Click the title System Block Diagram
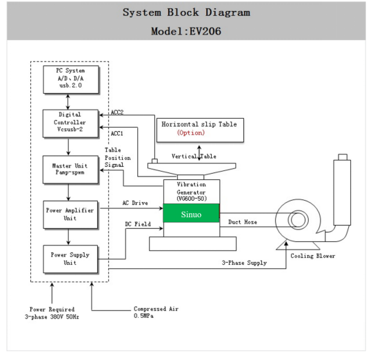tap(186, 12)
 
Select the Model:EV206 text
tap(186, 32)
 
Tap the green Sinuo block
tap(192, 214)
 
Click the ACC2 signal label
tap(118, 112)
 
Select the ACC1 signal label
tap(118, 133)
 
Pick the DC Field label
tap(135, 224)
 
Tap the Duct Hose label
tap(243, 222)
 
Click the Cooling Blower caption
tap(313, 257)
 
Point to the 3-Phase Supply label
tap(244, 263)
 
